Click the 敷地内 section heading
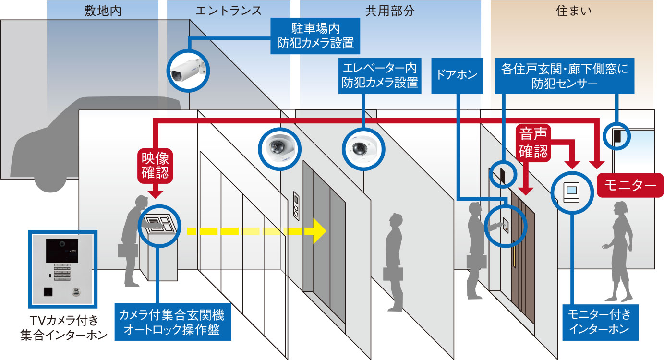tap(103, 11)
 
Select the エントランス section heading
tap(229, 11)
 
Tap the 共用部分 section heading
tap(390, 11)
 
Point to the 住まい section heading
tap(574, 11)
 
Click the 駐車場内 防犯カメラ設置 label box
tap(315, 36)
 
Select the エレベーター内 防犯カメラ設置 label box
tap(380, 75)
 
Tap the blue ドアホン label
tap(457, 75)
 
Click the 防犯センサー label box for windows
tap(565, 75)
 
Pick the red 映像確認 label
tap(155, 166)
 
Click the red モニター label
tap(630, 185)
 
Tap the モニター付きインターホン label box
tap(600, 323)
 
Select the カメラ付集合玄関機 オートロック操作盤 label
tap(172, 322)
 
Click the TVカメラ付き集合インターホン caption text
tap(63, 328)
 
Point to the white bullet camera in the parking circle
tap(187, 71)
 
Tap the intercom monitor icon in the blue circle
tap(571, 192)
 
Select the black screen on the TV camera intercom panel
tap(62, 251)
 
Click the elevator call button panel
tap(296, 206)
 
